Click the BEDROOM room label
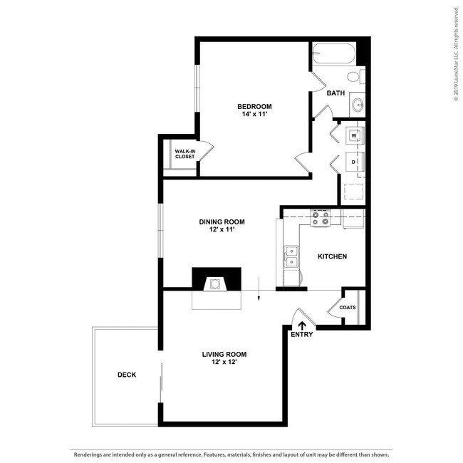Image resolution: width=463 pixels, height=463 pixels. (254, 106)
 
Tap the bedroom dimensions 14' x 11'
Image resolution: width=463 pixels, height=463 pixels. (254, 115)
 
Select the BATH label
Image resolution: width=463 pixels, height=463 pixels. (335, 93)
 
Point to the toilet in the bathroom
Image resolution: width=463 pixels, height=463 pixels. (354, 77)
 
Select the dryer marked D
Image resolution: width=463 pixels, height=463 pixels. (354, 162)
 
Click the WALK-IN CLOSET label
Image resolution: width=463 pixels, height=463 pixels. (184, 154)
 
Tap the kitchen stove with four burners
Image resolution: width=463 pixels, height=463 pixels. (320, 218)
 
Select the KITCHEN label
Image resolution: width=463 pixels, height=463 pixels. (332, 256)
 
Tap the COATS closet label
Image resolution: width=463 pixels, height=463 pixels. (348, 308)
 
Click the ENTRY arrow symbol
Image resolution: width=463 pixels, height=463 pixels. (301, 325)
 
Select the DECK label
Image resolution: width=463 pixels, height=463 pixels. (127, 375)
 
